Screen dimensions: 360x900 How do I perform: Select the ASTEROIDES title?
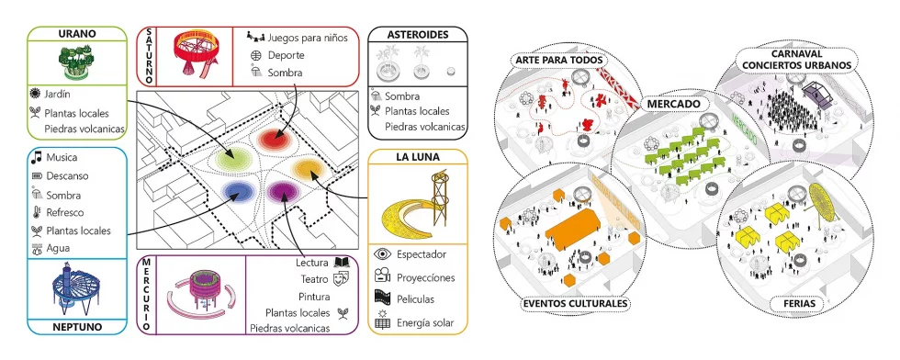click(x=417, y=35)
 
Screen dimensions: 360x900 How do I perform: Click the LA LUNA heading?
click(x=417, y=157)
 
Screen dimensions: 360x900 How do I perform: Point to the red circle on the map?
click(x=273, y=140)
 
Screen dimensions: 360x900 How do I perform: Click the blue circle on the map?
click(x=238, y=191)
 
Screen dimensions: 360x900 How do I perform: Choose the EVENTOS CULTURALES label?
click(x=574, y=303)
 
